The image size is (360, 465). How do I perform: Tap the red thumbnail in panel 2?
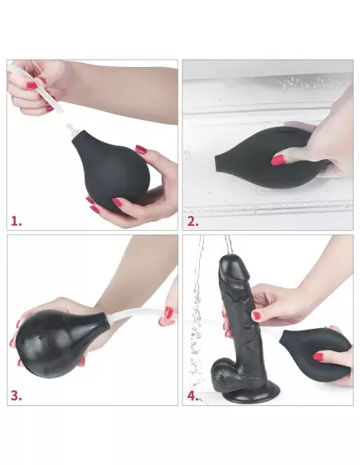tap(278, 159)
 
